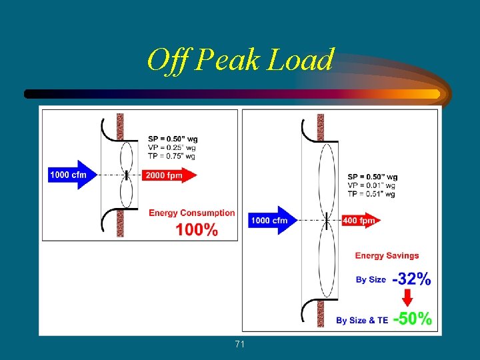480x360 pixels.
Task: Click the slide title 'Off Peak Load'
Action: (240, 60)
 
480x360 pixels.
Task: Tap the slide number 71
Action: (240, 344)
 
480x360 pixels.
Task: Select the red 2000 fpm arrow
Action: (169, 175)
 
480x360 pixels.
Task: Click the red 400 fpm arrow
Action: (360, 220)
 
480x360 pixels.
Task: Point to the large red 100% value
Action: (197, 230)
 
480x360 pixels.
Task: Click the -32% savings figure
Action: (411, 279)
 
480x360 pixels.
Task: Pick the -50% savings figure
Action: (413, 319)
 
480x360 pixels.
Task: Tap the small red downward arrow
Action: (407, 297)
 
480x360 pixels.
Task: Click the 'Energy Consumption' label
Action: (191, 213)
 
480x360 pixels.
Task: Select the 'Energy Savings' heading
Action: (387, 255)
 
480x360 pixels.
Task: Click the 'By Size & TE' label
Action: (362, 320)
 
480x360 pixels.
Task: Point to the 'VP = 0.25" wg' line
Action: (172, 147)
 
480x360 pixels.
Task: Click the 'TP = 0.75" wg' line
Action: (172, 156)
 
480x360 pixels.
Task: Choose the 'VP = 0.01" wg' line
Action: (371, 185)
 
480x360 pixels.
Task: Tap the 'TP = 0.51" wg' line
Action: (371, 194)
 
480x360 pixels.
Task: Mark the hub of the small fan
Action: (127, 175)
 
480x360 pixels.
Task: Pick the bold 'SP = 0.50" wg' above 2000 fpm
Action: (173, 139)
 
